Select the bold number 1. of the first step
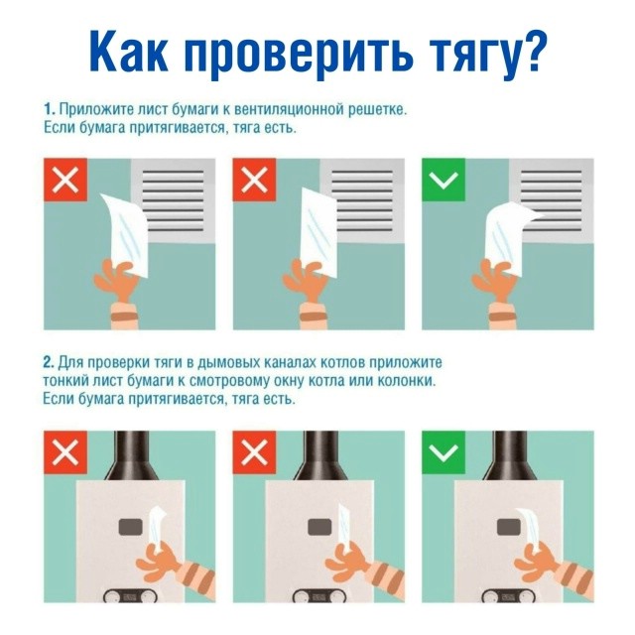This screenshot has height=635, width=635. click(50, 109)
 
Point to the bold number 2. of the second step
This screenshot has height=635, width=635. click(49, 362)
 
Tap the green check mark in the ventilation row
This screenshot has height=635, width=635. click(444, 180)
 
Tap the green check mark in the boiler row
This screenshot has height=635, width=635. click(444, 452)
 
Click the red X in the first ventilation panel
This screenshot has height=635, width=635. click(65, 180)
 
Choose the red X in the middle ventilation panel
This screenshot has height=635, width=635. click(254, 180)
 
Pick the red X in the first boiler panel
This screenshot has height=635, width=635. click(65, 452)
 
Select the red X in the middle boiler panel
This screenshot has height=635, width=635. click(254, 452)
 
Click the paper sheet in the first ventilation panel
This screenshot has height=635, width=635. click(126, 235)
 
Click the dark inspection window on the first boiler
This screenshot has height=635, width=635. click(130, 527)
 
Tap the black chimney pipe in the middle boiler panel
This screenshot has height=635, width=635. click(319, 455)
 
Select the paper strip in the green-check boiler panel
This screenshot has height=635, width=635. click(529, 529)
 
